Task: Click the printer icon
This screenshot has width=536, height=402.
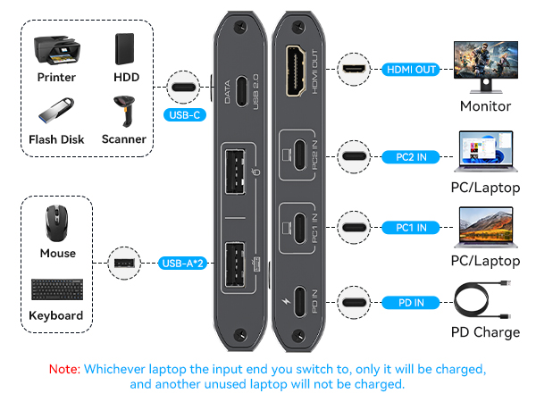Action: pos(56,50)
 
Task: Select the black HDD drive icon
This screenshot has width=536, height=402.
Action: pos(126,50)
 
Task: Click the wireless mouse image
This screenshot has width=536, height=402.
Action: pos(58,222)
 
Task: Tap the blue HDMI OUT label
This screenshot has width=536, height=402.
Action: pos(412,69)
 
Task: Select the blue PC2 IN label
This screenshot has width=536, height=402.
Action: pos(411,156)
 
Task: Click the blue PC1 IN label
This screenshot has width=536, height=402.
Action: pos(411,228)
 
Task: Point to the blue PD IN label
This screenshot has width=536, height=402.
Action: pos(411,302)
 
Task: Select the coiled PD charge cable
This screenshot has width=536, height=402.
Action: pos(485,301)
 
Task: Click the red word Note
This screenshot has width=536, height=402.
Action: pos(63,369)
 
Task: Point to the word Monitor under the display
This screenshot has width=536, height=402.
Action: pos(485,106)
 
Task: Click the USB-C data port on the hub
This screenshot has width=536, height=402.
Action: pos(240,89)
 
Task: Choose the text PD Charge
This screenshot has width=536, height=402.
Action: pos(485,332)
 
